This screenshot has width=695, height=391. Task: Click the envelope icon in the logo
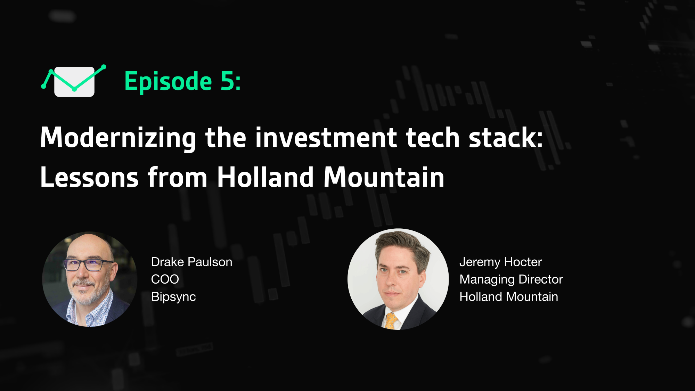(74, 82)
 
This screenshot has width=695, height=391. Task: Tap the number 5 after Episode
(228, 81)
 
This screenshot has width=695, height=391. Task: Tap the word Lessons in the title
(89, 177)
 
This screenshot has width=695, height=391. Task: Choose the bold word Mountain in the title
(384, 177)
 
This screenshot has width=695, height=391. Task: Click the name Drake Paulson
(191, 262)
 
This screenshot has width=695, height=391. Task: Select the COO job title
(165, 279)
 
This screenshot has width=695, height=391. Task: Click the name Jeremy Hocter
(500, 262)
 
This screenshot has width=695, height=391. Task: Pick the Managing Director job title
(511, 279)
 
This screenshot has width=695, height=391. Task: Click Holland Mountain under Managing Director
(509, 297)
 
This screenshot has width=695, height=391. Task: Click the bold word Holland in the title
(266, 177)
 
